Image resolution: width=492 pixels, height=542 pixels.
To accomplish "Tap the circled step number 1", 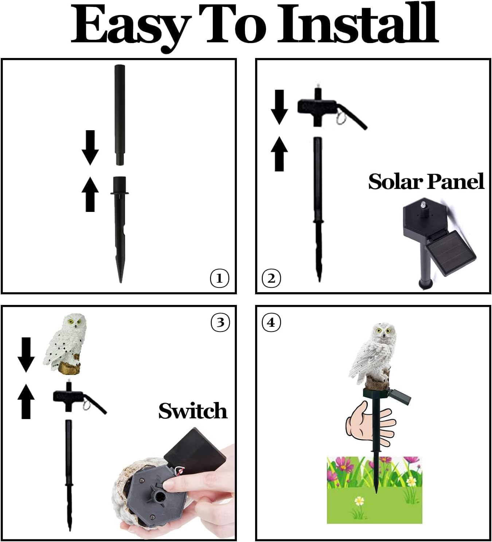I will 219,279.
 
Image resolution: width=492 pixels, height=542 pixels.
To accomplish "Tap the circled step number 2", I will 271,279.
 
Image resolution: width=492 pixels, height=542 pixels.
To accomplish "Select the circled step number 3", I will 220,322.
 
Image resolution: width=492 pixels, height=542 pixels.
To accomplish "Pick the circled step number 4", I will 271,322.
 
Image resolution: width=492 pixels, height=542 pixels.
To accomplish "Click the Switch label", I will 193,411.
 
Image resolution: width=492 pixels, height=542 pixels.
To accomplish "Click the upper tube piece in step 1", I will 120,113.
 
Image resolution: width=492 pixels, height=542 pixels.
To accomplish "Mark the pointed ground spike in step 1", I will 120,233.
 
